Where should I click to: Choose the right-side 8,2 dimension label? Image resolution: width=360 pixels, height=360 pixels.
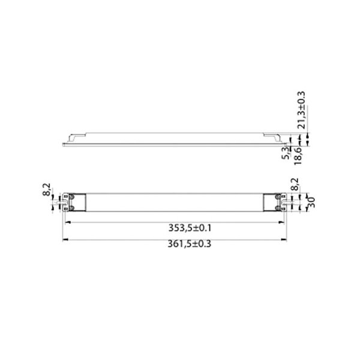pyautogui.click(x=294, y=184)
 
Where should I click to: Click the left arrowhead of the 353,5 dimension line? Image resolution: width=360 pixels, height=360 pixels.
pyautogui.click(x=67, y=222)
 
